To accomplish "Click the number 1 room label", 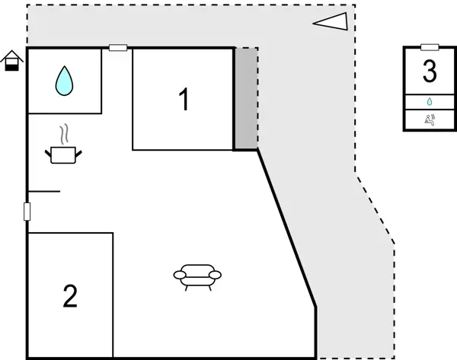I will click(x=183, y=100).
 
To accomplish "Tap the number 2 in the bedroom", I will click(x=70, y=296).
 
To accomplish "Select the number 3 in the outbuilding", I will click(x=430, y=72).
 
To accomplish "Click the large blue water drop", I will click(x=65, y=80).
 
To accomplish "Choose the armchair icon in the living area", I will click(x=197, y=276).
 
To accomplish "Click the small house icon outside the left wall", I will click(x=11, y=61).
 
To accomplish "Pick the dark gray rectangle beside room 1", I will click(x=245, y=99).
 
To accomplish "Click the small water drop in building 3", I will click(x=430, y=101).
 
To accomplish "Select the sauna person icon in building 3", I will click(x=430, y=119).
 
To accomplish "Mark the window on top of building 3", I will click(x=430, y=47).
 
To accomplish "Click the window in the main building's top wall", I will click(x=118, y=48).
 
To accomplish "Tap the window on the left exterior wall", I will click(x=27, y=212).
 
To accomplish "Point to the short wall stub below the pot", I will click(x=44, y=191).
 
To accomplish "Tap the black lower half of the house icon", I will click(x=11, y=66).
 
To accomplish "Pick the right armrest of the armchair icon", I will click(x=216, y=273).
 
